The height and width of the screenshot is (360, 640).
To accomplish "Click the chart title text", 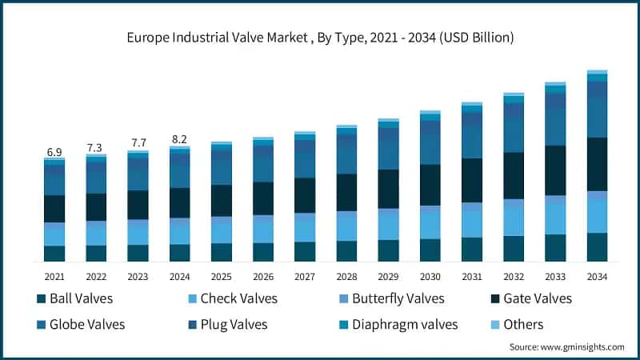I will [x=320, y=38].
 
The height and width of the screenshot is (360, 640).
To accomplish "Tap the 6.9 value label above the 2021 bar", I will [x=54, y=151].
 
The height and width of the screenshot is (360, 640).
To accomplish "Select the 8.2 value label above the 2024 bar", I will [x=179, y=139].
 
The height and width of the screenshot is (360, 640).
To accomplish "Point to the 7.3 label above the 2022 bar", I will [x=96, y=148].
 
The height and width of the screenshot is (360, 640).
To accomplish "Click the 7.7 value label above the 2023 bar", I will [x=138, y=143].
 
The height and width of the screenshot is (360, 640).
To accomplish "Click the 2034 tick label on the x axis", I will [x=597, y=276].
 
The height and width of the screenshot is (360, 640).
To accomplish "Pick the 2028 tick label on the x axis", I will [x=346, y=276].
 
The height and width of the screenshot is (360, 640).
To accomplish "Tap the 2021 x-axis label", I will [x=54, y=276].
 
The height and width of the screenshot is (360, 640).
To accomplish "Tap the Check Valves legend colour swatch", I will [x=191, y=299].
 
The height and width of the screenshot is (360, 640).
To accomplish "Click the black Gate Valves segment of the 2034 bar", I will [x=597, y=164].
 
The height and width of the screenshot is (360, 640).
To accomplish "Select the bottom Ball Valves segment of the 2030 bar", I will [x=430, y=250].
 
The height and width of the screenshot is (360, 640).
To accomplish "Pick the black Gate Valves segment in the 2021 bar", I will [x=54, y=208].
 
